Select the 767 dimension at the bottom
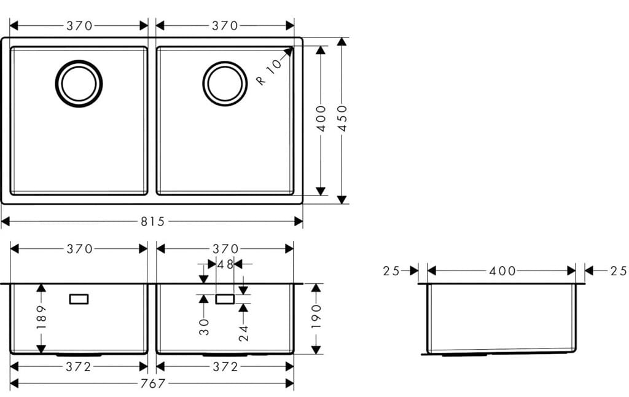[x=152, y=383]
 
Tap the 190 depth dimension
[x=316, y=317]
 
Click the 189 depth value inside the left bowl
[x=41, y=317]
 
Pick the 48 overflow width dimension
[x=225, y=264]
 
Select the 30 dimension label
[x=204, y=326]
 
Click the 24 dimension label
[x=243, y=332]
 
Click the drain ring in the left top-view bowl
[x=79, y=83]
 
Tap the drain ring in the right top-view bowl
[x=225, y=83]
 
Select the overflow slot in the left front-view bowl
[x=79, y=299]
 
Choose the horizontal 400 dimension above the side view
[x=502, y=271]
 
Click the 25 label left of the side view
[x=391, y=271]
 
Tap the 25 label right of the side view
[x=618, y=271]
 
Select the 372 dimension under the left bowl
[x=79, y=367]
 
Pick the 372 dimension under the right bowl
[x=225, y=367]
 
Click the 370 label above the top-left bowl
[x=79, y=26]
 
